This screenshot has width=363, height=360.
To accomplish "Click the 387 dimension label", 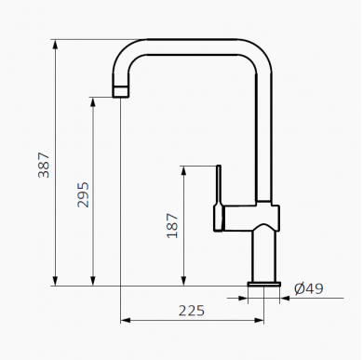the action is (x=44, y=166).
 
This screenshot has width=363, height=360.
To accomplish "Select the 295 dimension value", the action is (x=83, y=194).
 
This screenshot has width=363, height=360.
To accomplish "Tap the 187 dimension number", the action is (x=172, y=226).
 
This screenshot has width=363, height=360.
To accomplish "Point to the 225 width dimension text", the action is (x=192, y=311).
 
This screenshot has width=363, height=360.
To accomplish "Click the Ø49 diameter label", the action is (x=309, y=288).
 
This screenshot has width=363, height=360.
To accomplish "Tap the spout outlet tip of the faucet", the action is (x=120, y=92).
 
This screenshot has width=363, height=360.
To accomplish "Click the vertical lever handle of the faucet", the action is (x=219, y=198).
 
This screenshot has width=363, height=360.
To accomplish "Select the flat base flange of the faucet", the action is (x=264, y=284).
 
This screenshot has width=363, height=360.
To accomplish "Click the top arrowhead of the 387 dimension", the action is (x=55, y=45).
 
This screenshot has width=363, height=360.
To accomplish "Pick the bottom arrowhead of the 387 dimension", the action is (x=55, y=281).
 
